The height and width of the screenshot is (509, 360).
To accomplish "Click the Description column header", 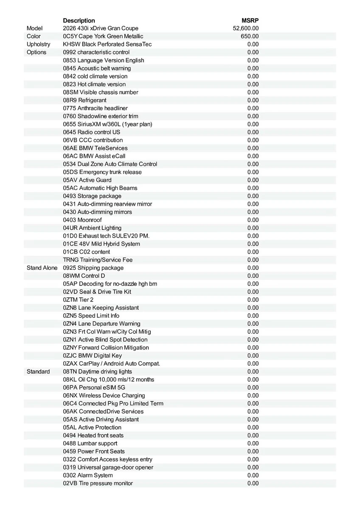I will click(x=79, y=20).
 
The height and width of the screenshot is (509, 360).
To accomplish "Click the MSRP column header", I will click(x=250, y=20).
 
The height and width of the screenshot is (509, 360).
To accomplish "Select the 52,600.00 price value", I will click(x=246, y=28).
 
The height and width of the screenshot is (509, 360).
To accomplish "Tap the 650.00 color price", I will click(x=250, y=36).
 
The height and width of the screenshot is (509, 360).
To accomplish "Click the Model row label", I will click(x=34, y=28).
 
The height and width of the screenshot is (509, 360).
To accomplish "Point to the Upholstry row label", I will click(x=38, y=44).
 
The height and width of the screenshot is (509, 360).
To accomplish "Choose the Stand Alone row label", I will click(x=42, y=268).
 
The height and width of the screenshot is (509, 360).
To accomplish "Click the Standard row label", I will click(x=38, y=372).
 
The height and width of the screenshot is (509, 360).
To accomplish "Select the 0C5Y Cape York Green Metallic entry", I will click(x=103, y=36).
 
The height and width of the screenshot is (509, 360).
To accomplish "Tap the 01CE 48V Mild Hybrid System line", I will click(x=101, y=244).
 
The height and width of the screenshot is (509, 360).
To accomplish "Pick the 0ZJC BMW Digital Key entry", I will click(x=92, y=355).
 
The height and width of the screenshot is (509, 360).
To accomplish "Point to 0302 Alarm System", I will click(x=88, y=475).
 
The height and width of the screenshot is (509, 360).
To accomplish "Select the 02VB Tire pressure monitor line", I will click(x=98, y=483).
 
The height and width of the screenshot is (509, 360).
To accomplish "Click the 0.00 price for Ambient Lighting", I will click(x=253, y=228).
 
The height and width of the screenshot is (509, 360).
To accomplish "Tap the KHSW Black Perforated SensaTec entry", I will click(x=107, y=44).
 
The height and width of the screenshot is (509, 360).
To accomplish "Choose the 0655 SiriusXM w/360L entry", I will click(x=107, y=124).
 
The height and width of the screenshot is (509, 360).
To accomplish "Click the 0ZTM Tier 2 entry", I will click(x=78, y=299).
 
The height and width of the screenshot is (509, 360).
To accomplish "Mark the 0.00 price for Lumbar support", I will click(x=253, y=443).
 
